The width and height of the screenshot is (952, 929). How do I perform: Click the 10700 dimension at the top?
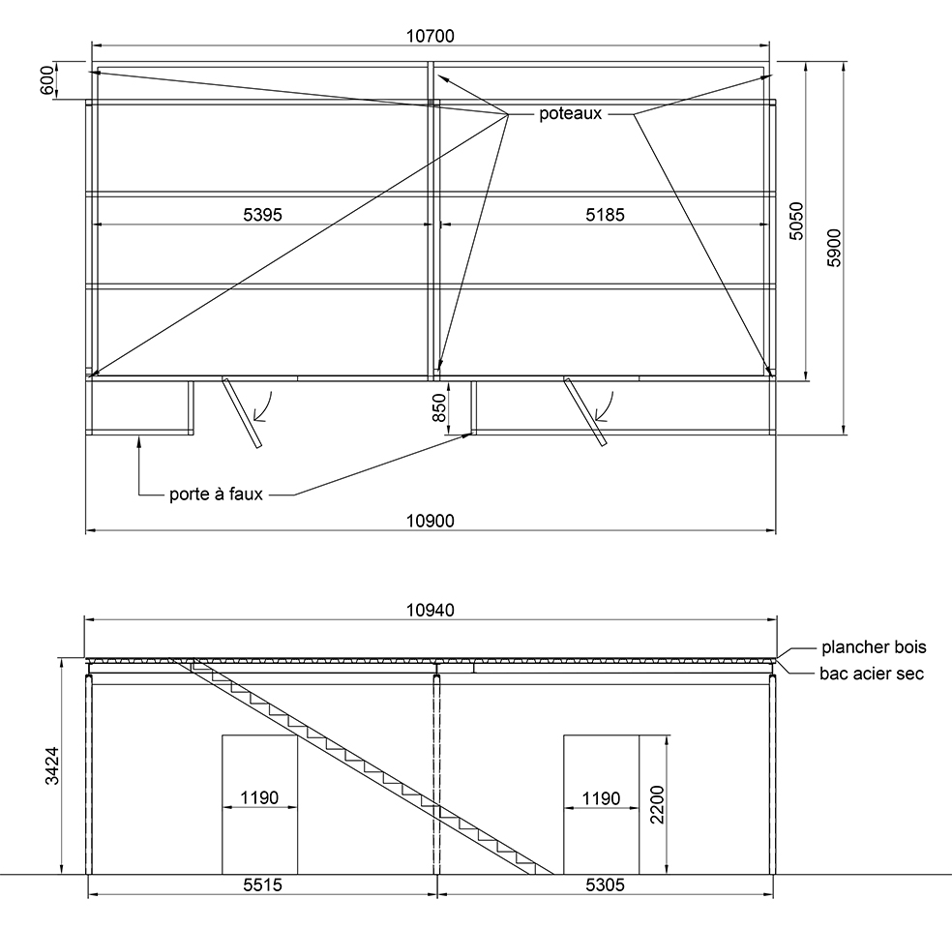[430, 37]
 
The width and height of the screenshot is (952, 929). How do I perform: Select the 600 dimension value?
[47, 80]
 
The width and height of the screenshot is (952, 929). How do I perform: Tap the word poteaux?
[570, 113]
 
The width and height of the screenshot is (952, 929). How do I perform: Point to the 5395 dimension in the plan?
[263, 214]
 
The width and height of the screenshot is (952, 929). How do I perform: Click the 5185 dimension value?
[605, 214]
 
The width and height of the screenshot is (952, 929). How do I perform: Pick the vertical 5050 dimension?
[796, 221]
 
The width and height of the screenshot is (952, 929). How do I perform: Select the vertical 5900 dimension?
[834, 248]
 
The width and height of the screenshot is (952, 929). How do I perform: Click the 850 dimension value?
[438, 407]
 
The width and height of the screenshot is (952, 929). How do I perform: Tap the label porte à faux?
[216, 494]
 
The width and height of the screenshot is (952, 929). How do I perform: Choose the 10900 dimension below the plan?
[430, 521]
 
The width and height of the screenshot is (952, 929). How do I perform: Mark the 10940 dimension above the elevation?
[430, 610]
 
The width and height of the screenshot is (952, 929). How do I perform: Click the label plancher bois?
[874, 647]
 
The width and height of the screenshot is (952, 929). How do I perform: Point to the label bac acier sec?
[872, 674]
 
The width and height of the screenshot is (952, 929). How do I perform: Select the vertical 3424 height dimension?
[52, 765]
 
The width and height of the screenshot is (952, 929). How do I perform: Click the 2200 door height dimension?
[657, 804]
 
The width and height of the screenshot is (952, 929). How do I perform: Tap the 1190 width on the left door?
[259, 797]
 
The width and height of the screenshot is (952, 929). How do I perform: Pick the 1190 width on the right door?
[601, 797]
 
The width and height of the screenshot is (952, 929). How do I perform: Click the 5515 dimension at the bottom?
[263, 884]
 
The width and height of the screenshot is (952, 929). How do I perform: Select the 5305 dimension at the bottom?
[605, 884]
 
